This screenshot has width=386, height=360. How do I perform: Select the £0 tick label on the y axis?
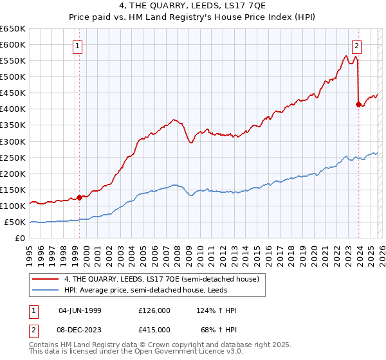(20, 238)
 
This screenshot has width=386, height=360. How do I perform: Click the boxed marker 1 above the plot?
(78, 46)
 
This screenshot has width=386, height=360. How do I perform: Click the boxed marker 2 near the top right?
(356, 46)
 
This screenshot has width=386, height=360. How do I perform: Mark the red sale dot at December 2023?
(358, 104)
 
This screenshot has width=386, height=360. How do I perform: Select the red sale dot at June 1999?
(80, 197)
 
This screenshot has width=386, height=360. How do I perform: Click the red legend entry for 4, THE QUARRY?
(161, 279)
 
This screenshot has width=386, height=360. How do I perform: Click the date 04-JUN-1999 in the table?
(80, 310)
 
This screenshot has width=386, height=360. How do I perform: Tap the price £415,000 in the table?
(154, 329)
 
